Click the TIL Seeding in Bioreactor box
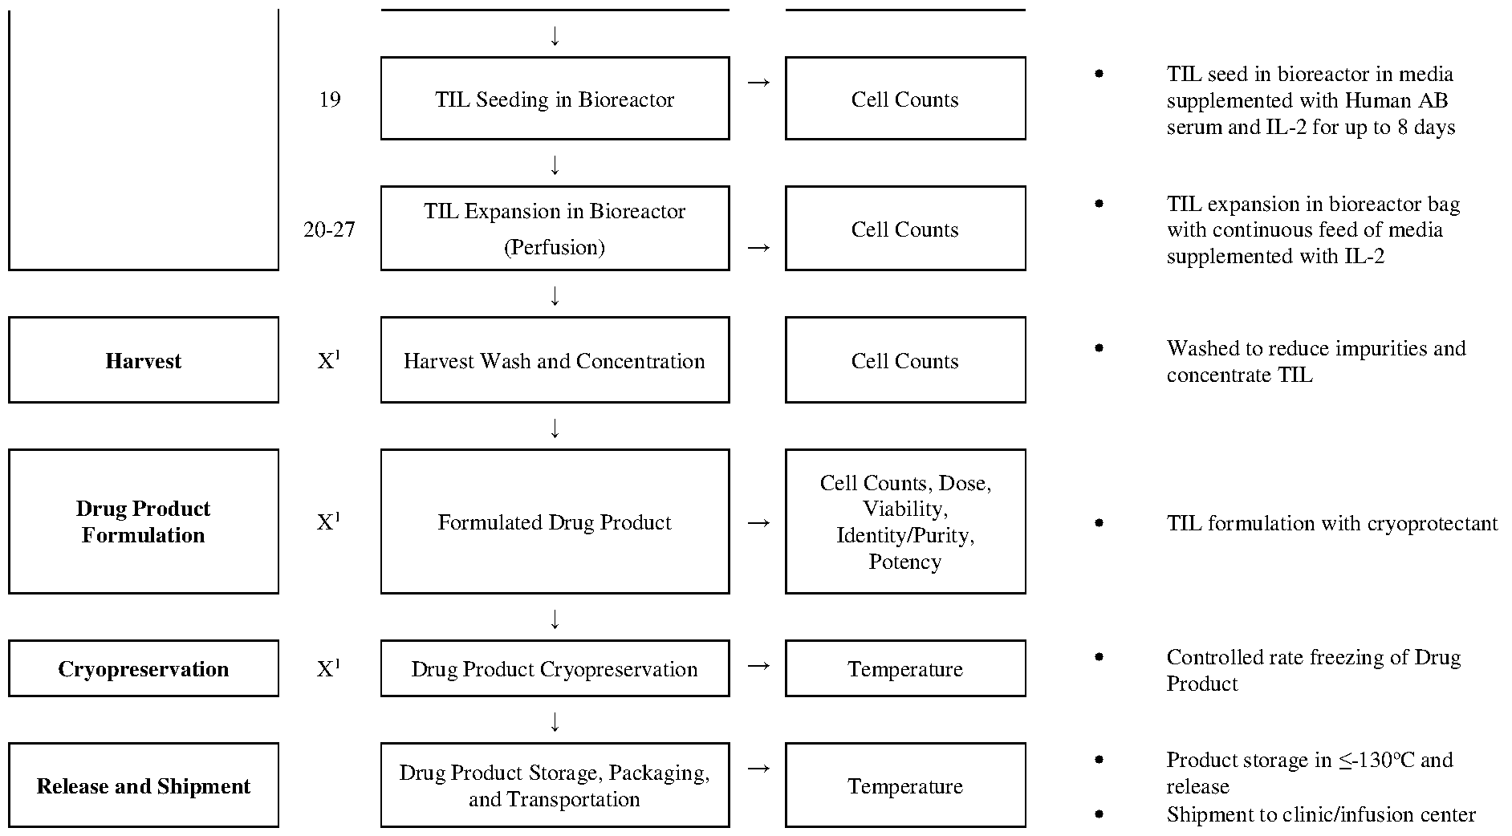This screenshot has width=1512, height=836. [x=555, y=99]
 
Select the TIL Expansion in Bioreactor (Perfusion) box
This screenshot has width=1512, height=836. [x=555, y=229]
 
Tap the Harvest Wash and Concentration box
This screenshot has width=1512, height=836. [x=555, y=360]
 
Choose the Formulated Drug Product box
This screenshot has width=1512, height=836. [x=555, y=521]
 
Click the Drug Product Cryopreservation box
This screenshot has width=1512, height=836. [x=555, y=668]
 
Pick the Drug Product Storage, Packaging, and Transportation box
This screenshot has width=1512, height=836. [x=555, y=785]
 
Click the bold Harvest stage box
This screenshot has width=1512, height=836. [x=144, y=360]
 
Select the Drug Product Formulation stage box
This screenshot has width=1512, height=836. [x=144, y=521]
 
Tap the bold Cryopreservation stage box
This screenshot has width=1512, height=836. [x=144, y=668]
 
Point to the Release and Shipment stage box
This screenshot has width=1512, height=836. [x=144, y=785]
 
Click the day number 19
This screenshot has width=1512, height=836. [x=330, y=99]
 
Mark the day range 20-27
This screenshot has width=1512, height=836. [x=329, y=229]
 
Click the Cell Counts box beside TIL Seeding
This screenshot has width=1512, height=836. [x=905, y=99]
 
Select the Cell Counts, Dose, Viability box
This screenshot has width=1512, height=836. [x=905, y=521]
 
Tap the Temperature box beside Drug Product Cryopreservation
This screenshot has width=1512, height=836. [x=905, y=668]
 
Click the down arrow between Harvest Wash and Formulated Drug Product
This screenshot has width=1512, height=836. [x=555, y=428]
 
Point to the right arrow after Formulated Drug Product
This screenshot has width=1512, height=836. [x=758, y=522]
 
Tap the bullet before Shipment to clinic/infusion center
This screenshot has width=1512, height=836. [x=1099, y=814]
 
